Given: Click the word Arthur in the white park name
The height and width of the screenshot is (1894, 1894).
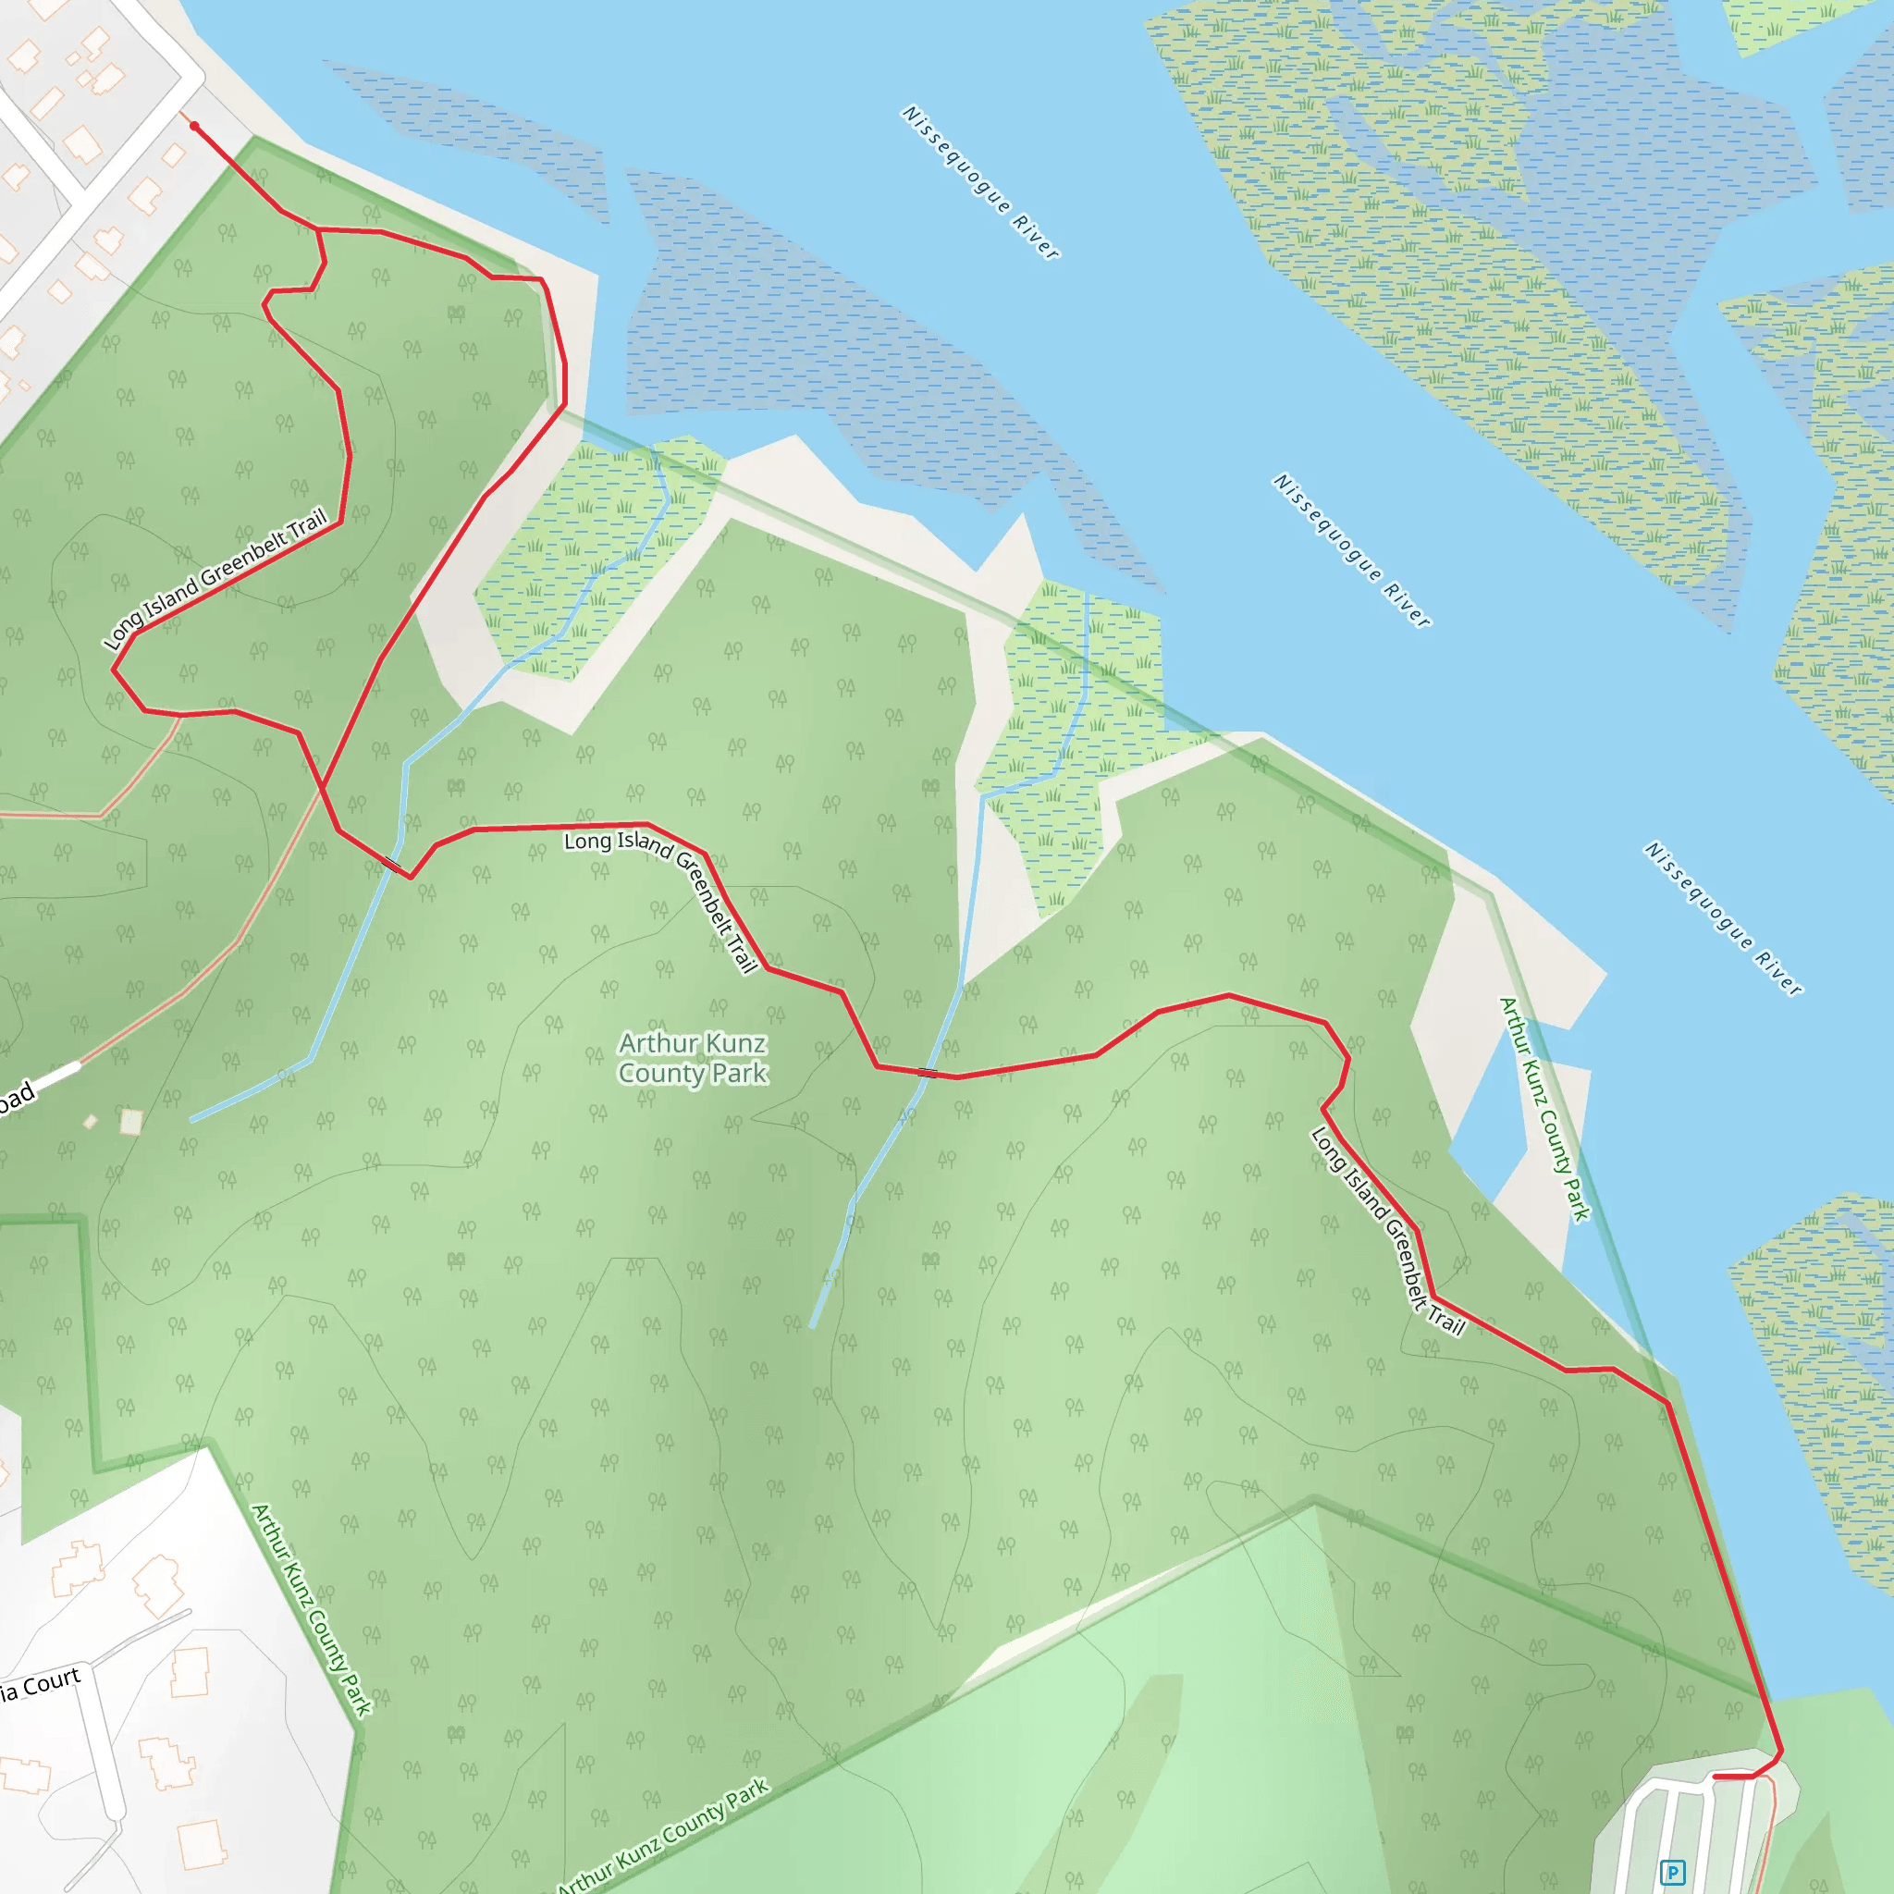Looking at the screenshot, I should [x=657, y=1043].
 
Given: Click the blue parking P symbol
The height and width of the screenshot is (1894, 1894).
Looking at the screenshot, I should [x=1672, y=1873].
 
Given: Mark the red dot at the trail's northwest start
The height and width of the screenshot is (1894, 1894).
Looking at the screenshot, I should [x=194, y=127].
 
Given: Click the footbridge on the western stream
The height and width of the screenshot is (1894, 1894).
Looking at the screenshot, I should [x=392, y=865].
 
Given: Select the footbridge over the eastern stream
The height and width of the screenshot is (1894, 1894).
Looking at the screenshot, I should [x=927, y=1073].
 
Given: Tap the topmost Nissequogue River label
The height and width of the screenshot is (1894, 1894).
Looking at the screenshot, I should [x=979, y=182].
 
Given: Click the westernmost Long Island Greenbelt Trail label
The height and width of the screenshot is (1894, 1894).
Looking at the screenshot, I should [x=215, y=578].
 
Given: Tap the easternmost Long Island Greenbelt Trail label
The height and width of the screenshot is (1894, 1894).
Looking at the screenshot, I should [x=1387, y=1232].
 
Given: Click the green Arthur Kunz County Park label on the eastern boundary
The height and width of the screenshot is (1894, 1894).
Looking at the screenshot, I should [x=1544, y=1109].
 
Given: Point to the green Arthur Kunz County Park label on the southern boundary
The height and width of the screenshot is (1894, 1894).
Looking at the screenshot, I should [x=664, y=1836].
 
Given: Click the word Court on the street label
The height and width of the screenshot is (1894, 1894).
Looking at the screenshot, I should [x=52, y=1682].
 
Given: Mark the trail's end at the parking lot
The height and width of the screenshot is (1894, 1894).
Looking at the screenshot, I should [x=1714, y=1777].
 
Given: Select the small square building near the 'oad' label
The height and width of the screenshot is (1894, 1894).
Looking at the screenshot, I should [x=130, y=1122].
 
